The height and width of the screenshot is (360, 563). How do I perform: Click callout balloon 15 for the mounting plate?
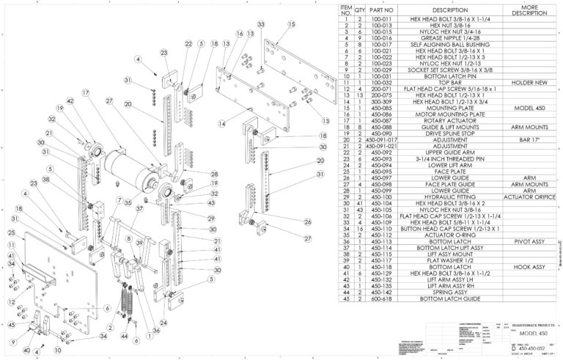(291, 24)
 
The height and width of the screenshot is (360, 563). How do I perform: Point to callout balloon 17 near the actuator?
(86, 93)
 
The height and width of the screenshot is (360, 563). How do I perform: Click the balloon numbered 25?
(12, 232)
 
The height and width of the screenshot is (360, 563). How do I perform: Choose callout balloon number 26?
(307, 222)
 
